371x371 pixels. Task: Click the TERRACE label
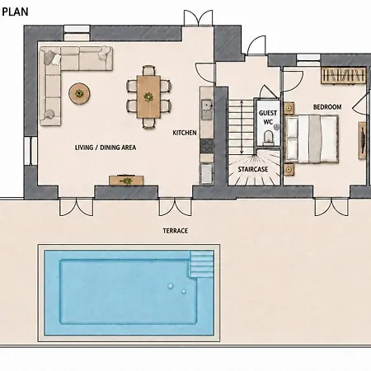(x=176, y=231)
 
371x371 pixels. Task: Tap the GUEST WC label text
(x=268, y=117)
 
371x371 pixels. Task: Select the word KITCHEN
(x=185, y=133)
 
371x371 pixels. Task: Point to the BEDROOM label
(x=327, y=107)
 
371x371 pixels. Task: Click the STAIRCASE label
(x=253, y=169)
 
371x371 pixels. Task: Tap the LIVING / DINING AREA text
(x=106, y=148)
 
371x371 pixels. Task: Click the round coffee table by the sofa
(x=79, y=94)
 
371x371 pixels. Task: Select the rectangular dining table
(x=148, y=96)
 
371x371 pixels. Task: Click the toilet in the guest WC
(x=268, y=138)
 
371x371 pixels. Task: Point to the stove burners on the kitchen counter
(x=207, y=146)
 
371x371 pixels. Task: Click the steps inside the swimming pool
(x=201, y=264)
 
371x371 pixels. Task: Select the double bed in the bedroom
(x=312, y=139)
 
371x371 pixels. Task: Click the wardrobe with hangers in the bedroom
(x=344, y=75)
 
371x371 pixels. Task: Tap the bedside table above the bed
(x=289, y=108)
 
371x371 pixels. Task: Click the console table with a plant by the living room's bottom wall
(x=126, y=181)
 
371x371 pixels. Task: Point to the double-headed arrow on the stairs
(x=242, y=127)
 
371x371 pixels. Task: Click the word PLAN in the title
(x=15, y=12)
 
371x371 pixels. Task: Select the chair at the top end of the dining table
(x=148, y=70)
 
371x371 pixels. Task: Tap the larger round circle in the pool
(x=171, y=286)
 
